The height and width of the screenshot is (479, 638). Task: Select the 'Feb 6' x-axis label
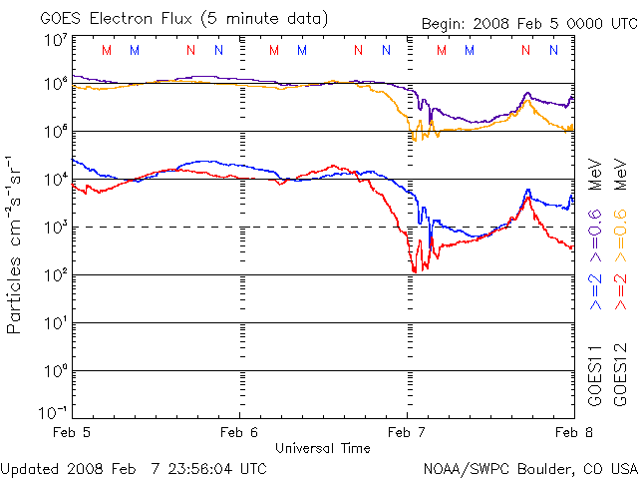[240, 433]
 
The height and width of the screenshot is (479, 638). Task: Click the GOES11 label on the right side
[594, 376]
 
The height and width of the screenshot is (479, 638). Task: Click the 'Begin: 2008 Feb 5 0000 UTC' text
[513, 23]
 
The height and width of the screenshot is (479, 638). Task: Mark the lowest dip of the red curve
[414, 271]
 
